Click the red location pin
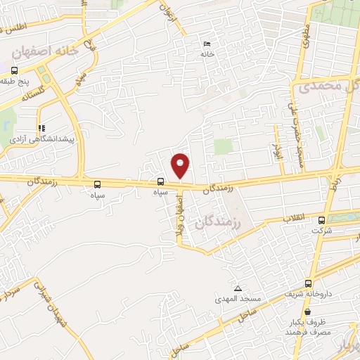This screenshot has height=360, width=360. [x=181, y=165]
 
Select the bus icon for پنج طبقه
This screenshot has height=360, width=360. [x=14, y=70]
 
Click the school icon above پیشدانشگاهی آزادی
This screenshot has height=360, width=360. [x=42, y=129]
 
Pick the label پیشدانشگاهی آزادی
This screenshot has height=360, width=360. [x=41, y=141]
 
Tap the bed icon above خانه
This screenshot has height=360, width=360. [x=206, y=44]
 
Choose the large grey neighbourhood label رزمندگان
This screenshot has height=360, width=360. [x=220, y=223]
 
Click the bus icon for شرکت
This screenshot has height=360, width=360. [x=322, y=219]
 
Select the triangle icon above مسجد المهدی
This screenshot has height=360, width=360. [x=238, y=289]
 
